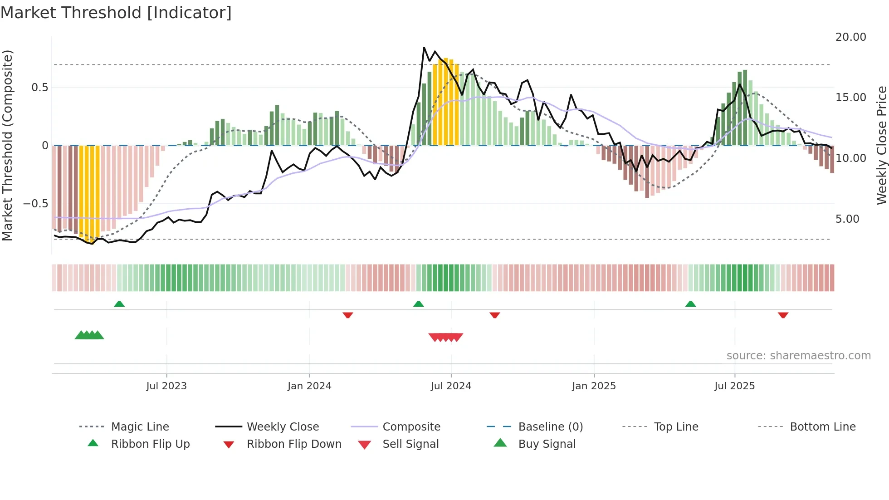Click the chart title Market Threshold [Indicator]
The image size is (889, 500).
click(116, 13)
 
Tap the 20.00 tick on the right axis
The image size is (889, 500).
click(850, 37)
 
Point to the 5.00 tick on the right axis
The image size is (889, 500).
click(847, 219)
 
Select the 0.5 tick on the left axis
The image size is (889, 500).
click(39, 88)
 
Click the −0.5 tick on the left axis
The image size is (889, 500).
click(36, 204)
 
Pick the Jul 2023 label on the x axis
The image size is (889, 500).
click(166, 386)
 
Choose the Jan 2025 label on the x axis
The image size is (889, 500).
click(594, 386)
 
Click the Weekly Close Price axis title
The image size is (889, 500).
click(881, 145)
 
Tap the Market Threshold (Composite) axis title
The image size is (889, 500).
click(7, 145)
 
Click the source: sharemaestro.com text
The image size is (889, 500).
click(798, 356)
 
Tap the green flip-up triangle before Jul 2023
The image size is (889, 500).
click(119, 304)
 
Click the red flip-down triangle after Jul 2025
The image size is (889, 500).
click(783, 315)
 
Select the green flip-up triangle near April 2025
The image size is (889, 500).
click(690, 304)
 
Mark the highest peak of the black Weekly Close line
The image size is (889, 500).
click(424, 48)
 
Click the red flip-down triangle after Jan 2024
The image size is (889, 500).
click(348, 315)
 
